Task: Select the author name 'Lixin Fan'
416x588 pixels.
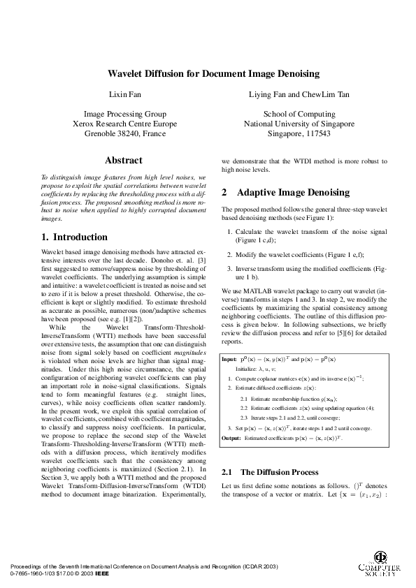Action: tap(124, 94)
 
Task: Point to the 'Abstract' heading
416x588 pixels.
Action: tap(124, 160)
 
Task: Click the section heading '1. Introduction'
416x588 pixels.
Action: tap(76, 237)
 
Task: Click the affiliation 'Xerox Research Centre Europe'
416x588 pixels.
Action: tap(124, 124)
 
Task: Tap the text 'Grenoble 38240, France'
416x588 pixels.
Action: tap(124, 133)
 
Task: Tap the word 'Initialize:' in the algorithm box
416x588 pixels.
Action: tap(250, 367)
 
